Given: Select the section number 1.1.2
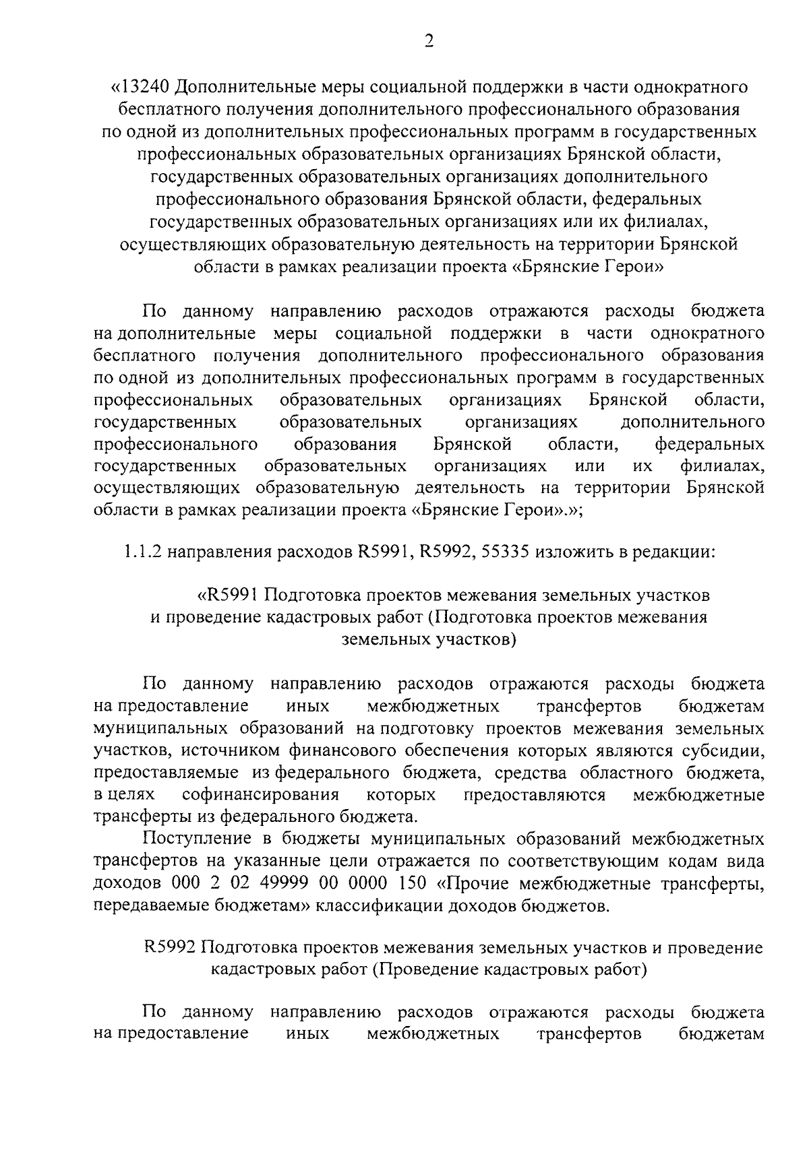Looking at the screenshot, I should coord(142,553).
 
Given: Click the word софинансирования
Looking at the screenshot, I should coord(260,795).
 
